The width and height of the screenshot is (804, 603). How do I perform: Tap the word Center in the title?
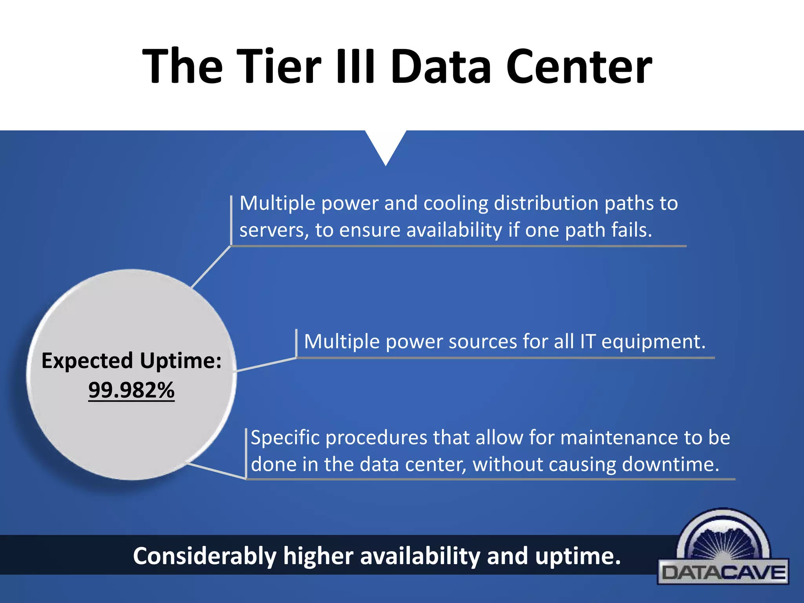tap(579, 66)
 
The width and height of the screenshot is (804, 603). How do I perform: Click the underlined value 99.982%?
tap(131, 390)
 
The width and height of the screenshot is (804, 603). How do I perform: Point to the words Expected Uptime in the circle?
tap(131, 360)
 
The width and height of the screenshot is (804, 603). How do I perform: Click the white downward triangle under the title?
tap(386, 145)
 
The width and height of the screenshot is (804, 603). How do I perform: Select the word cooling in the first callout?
tap(455, 203)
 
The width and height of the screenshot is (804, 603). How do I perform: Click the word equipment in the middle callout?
tap(653, 342)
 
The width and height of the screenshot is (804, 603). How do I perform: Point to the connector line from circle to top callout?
tap(211, 267)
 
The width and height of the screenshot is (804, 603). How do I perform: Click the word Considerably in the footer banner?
tap(205, 556)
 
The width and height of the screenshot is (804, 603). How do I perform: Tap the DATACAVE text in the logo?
tap(723, 573)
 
